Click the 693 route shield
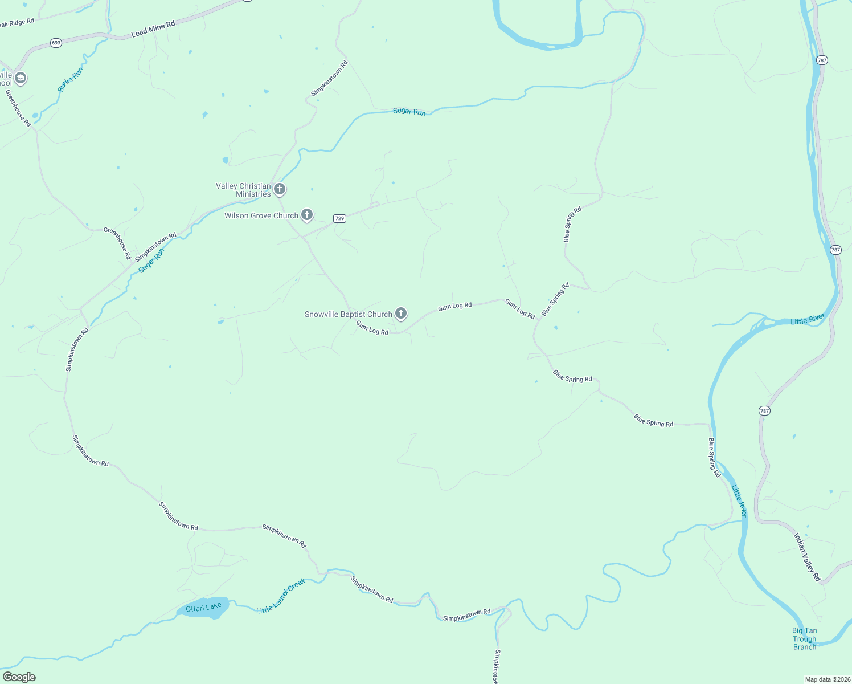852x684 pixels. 56,43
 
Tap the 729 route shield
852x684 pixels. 339,218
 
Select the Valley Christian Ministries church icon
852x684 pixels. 280,189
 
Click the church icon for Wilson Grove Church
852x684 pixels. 307,215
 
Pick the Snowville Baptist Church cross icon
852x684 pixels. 401,313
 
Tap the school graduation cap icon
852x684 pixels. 21,78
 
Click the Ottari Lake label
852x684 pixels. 203,608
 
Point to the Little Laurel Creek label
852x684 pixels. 281,596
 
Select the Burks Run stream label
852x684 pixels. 71,79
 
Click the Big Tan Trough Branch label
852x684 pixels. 804,638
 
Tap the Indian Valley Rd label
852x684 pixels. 807,557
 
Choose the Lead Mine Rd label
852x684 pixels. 153,30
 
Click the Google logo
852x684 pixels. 19,677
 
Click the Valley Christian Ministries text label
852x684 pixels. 243,190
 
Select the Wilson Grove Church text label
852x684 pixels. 261,215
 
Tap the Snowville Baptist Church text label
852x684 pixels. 349,314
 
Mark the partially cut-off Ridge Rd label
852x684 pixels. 17,22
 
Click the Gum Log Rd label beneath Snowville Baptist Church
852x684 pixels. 372,328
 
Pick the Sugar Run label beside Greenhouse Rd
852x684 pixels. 151,260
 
